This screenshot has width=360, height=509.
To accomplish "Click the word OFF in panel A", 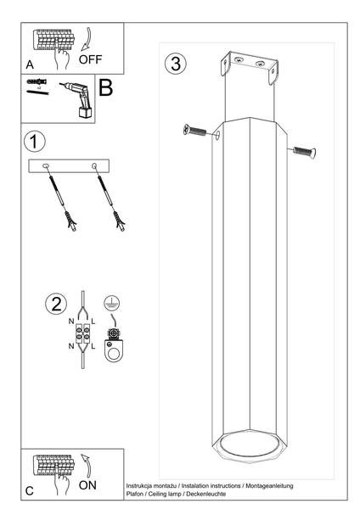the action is (90, 59).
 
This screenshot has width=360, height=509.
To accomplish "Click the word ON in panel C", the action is (87, 485).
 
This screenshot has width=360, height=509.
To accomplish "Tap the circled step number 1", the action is (35, 142).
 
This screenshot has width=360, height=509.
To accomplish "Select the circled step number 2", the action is (56, 305).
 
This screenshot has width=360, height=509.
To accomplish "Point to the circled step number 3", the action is (176, 63).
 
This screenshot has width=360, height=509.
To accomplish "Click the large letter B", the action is (105, 87).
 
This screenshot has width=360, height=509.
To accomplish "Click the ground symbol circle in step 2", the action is (112, 303).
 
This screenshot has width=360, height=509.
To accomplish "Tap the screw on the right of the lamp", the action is (305, 152).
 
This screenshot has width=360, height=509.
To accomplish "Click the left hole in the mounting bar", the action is (46, 166).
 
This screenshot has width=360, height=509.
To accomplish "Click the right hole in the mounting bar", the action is (94, 166).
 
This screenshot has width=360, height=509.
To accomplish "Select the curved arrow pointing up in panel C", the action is (86, 466).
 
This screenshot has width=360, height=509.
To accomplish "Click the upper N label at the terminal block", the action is (71, 322).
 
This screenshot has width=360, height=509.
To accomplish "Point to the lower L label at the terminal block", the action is (93, 346).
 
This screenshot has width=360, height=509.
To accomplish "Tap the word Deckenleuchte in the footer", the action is (206, 494).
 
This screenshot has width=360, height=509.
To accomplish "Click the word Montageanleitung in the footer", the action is (269, 486).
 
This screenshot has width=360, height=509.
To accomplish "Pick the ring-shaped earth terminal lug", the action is (114, 350).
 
